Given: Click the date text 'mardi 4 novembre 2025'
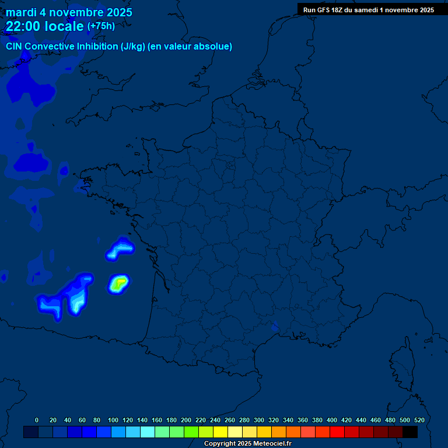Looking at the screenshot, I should coord(69,12).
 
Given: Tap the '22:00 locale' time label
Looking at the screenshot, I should coord(44,26).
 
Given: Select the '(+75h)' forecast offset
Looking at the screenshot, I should coord(101,26).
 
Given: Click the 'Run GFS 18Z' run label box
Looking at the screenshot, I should coord(368,9).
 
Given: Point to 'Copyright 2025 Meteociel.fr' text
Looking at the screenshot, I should coord(248,444).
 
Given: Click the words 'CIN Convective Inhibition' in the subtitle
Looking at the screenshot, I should coord(62,47).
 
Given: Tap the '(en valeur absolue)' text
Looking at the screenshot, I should coord(191,47).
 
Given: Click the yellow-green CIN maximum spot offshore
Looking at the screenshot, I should coord(119,283).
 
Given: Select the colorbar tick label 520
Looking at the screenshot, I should coord(419,420).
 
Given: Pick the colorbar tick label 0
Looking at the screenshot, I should coord(37,420).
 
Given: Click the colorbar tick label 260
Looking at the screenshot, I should coord(229,420).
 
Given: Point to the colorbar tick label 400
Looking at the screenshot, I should coord(332,420).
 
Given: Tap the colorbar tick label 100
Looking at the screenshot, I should coord(112,420).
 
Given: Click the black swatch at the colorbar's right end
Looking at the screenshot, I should coord(410,432).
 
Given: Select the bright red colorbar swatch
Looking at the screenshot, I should coord(337,432).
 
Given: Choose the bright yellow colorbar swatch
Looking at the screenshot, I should coord(220,432).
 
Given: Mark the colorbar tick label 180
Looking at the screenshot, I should coord(171,420).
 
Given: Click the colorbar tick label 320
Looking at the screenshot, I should coord(274,420).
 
